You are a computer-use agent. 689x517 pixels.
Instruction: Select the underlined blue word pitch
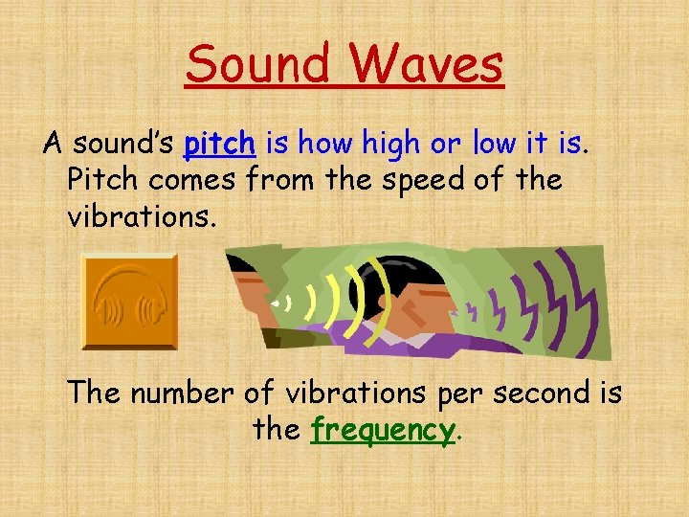point(220,145)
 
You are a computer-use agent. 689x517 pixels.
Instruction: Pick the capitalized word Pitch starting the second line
point(105,180)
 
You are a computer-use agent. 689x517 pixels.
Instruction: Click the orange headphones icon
point(130,301)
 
